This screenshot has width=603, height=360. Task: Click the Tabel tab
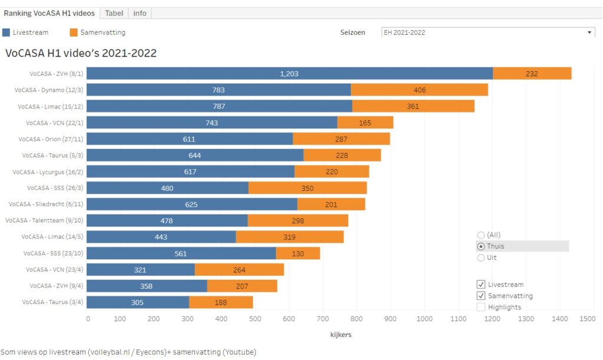click(115, 13)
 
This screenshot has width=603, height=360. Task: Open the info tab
click(140, 13)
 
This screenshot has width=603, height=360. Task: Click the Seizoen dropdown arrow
click(589, 32)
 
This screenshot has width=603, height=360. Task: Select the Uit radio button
click(481, 257)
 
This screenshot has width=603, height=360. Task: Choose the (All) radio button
click(481, 235)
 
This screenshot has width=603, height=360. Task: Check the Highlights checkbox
click(481, 307)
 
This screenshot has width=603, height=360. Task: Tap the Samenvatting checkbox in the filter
click(481, 296)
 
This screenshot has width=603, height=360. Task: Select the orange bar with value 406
click(419, 90)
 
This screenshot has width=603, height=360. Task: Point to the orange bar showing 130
click(298, 253)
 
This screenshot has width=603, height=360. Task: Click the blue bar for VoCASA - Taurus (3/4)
click(138, 302)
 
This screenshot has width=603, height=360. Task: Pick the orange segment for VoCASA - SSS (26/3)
click(307, 188)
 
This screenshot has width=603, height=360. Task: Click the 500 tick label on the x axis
click(255, 319)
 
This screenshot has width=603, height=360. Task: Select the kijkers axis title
click(341, 335)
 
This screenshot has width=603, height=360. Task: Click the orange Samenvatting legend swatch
click(74, 32)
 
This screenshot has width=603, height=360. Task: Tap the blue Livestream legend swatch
click(6, 32)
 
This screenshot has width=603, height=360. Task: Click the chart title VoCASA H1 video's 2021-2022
click(81, 53)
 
